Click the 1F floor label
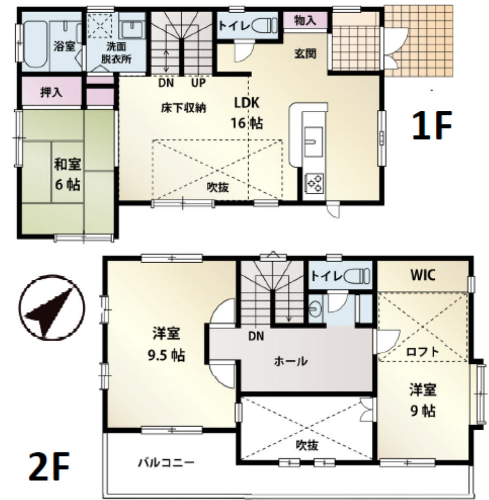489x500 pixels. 432,125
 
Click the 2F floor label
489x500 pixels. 48,466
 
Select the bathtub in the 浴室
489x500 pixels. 36,44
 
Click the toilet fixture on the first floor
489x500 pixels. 264,25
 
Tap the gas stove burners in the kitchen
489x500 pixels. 314,184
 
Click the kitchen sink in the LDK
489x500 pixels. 313,142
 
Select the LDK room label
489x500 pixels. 247,103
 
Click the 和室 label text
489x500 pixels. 67,164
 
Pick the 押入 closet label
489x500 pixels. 51,92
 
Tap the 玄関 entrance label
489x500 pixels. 305,54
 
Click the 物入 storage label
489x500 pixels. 305,21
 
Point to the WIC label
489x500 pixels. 423,275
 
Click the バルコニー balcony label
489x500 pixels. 166,462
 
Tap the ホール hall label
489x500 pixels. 291,361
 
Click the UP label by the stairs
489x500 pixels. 198,83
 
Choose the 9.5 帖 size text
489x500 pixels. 166,355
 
